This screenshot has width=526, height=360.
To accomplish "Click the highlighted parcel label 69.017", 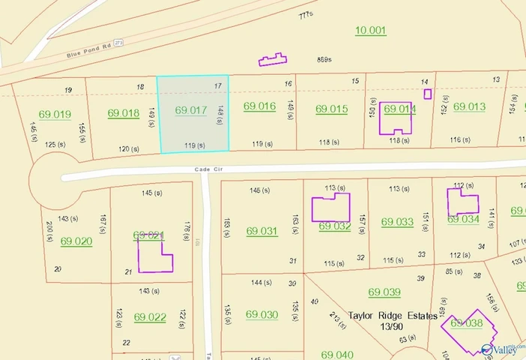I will [x=190, y=110].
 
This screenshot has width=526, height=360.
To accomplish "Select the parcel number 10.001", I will [x=370, y=30].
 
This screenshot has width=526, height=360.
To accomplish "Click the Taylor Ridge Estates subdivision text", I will [x=393, y=316].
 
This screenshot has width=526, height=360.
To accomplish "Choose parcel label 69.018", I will [x=124, y=113].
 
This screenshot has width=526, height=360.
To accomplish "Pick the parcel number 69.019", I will [x=55, y=115].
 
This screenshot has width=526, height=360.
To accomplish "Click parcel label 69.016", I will [x=259, y=106].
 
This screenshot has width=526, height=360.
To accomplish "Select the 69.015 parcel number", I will [x=331, y=109].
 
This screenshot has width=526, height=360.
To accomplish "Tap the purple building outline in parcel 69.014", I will [x=396, y=117].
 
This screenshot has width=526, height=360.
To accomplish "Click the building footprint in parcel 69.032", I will [x=330, y=207].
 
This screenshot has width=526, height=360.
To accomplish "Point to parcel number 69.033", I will [x=397, y=222].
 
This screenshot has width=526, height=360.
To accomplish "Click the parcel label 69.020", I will [x=76, y=241].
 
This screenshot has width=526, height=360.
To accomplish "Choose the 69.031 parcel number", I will [x=262, y=231].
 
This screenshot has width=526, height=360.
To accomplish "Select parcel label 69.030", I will [x=262, y=314].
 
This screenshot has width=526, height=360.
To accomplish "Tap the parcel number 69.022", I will [x=150, y=317].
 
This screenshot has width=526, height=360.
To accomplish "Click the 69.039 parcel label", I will [x=384, y=292].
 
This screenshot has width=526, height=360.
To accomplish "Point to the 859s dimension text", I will [x=324, y=59].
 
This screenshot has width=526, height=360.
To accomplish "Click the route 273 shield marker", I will [x=118, y=42].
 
